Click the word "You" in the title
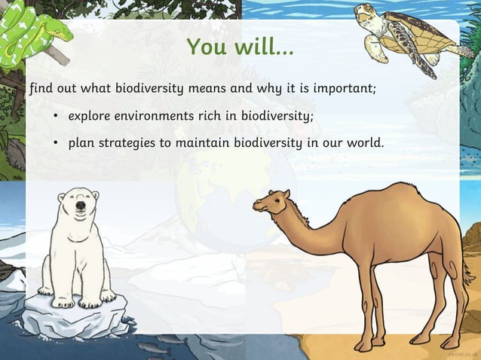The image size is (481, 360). point(206,47)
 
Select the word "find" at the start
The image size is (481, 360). point(42,89)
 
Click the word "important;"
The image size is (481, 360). point(344,89)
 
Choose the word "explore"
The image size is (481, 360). point(92,117)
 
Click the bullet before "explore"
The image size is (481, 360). point(56,117)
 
